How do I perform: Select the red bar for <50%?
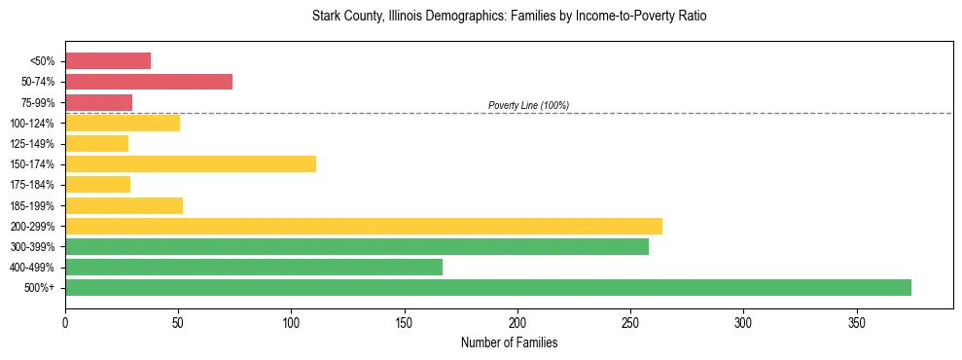tap(108, 61)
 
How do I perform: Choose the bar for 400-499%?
tap(254, 267)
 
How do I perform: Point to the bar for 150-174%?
tap(191, 163)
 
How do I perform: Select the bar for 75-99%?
tap(98, 102)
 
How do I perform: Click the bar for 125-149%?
tap(96, 143)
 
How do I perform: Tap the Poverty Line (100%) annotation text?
tap(528, 105)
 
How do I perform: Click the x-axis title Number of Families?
tap(509, 342)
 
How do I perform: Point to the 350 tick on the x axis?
tap(856, 322)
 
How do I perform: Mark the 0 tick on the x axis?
tap(65, 322)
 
